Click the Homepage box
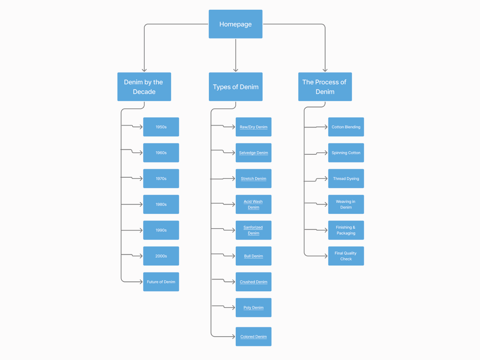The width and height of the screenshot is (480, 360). coord(235,24)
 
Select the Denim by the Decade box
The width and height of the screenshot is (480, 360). coord(144,87)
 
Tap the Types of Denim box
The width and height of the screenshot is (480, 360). coord(235,87)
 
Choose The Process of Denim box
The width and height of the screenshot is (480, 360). coord(325,87)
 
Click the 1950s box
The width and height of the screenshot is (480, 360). coord(161,127)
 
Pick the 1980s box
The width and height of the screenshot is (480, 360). coord(161,204)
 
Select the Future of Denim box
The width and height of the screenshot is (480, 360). coord(161,282)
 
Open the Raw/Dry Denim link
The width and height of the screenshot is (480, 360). coord(254,127)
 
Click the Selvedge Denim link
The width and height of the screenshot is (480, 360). coord(254,153)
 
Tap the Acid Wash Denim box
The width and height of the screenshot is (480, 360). coord(254,204)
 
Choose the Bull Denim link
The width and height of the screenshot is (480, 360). coord(254,256)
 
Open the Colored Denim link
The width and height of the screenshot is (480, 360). coord(254,337)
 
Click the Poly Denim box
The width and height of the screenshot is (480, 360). coord(254,308)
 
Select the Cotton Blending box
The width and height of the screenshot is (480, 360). coord(346,127)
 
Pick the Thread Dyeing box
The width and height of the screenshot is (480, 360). coord(346,178)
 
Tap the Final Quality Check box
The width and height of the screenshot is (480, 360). coord(346,256)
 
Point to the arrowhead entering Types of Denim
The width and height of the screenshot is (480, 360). coord(235,70)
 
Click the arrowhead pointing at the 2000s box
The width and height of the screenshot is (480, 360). coord(141,256)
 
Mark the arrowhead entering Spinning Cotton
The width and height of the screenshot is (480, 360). coord(326,153)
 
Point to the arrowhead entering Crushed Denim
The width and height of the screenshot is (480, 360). coord(233,282)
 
